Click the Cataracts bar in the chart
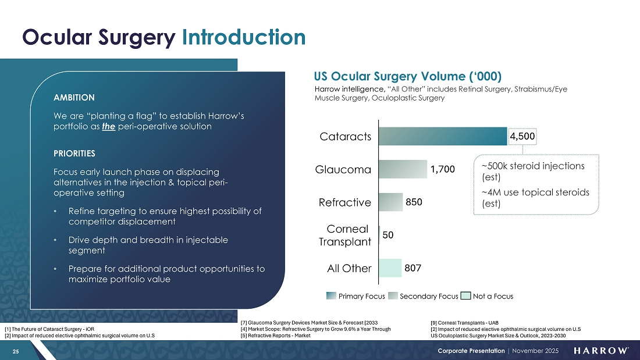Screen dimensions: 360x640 (x=443, y=136)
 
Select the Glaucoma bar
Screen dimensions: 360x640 (x=403, y=169)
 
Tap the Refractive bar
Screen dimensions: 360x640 (x=390, y=202)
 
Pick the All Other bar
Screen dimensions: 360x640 (x=390, y=268)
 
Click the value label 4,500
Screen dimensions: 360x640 (x=522, y=137)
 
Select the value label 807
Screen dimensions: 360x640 (x=413, y=268)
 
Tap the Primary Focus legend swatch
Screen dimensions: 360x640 (x=331, y=296)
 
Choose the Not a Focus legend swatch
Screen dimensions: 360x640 (x=465, y=296)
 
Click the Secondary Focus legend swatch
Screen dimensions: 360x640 (x=393, y=296)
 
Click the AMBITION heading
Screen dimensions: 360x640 (x=74, y=97)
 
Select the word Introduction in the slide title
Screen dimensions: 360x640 (x=243, y=37)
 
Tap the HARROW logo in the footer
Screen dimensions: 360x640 (x=601, y=351)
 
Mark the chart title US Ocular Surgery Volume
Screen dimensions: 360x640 (x=408, y=77)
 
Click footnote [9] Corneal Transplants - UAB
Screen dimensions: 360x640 (x=464, y=323)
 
